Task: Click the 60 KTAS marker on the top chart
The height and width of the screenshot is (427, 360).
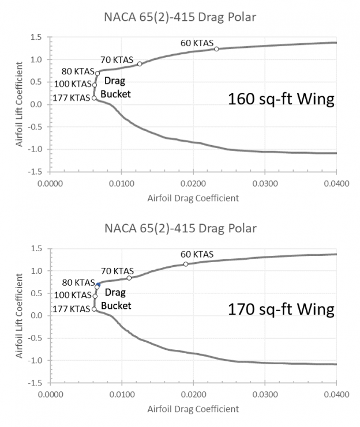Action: (216, 49)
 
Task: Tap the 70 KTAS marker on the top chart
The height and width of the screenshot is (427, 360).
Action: (140, 64)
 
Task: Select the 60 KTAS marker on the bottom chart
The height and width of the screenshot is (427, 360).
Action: (186, 264)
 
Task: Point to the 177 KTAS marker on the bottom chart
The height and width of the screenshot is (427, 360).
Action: (94, 309)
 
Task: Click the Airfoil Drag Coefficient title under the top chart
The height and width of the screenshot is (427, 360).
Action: (193, 198)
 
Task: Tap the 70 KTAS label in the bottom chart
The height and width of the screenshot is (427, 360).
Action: (117, 271)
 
